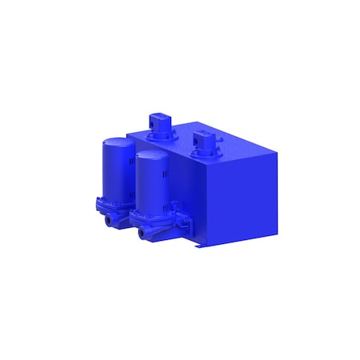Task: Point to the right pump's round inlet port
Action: click(x=142, y=233)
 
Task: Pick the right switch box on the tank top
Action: click(x=205, y=142)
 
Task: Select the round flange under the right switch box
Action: click(x=205, y=153)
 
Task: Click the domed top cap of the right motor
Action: click(x=150, y=155)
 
